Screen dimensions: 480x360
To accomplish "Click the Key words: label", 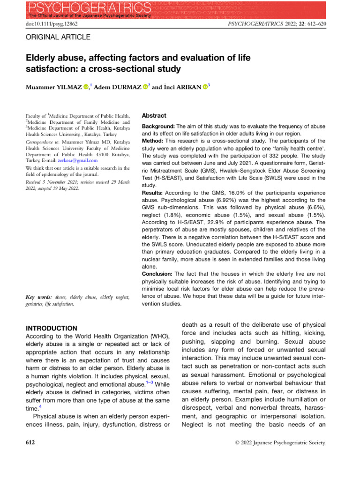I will pyautogui.click(x=38, y=298).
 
